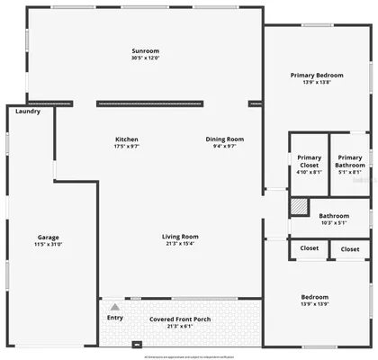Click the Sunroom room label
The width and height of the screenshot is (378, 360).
[145, 51]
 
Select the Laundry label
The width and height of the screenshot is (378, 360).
[28, 112]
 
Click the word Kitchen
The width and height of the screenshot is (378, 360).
[126, 139]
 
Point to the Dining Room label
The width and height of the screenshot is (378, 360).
[225, 139]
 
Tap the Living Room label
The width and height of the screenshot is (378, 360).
[180, 237]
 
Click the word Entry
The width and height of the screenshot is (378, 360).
[115, 317]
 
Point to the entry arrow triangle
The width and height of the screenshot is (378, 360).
[114, 307]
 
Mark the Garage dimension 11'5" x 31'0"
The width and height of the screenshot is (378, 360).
[48, 244]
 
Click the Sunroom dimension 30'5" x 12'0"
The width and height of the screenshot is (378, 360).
[145, 58]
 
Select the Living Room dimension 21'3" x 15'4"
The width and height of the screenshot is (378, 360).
[180, 243]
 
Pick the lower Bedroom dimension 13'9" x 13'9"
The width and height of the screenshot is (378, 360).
[315, 303]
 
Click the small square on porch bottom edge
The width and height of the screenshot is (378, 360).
[136, 343]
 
